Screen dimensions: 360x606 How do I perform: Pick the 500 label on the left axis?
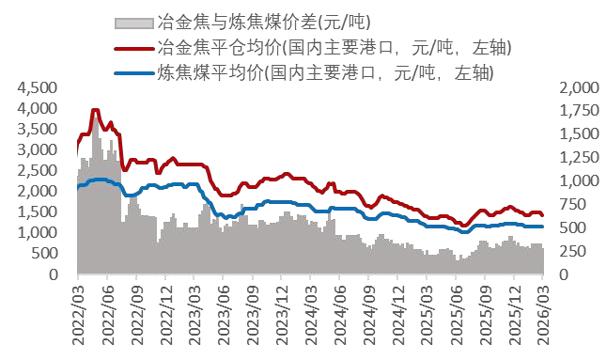point(47,254)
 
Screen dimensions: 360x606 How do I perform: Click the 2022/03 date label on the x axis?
point(78,319)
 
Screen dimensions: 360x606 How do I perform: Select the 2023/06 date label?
point(224,319)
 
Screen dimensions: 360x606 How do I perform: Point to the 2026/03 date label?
point(543,319)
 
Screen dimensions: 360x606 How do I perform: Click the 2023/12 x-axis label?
point(282,319)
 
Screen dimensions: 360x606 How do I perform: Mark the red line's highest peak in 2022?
point(95,110)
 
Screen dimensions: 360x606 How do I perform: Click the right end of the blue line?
point(542,227)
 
